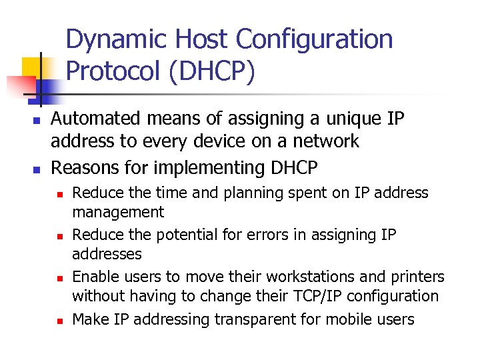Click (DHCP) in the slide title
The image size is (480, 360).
pyautogui.click(x=212, y=71)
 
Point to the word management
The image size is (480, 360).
pyautogui.click(x=118, y=213)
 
